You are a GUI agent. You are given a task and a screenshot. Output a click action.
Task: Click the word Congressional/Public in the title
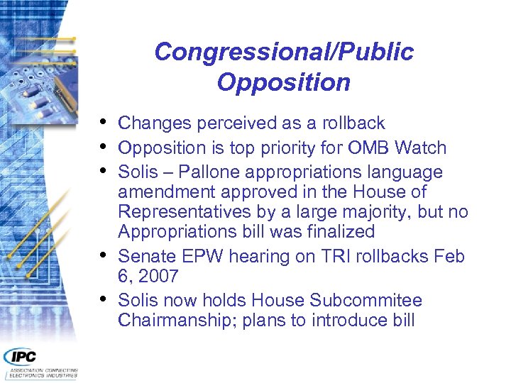[283, 52]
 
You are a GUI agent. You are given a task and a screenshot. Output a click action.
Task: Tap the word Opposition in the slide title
[283, 82]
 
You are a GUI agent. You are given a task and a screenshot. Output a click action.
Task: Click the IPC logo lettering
[21, 357]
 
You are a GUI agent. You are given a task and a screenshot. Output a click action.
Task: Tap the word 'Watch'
[421, 148]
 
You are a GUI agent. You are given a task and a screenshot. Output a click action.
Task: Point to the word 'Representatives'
[180, 212]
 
